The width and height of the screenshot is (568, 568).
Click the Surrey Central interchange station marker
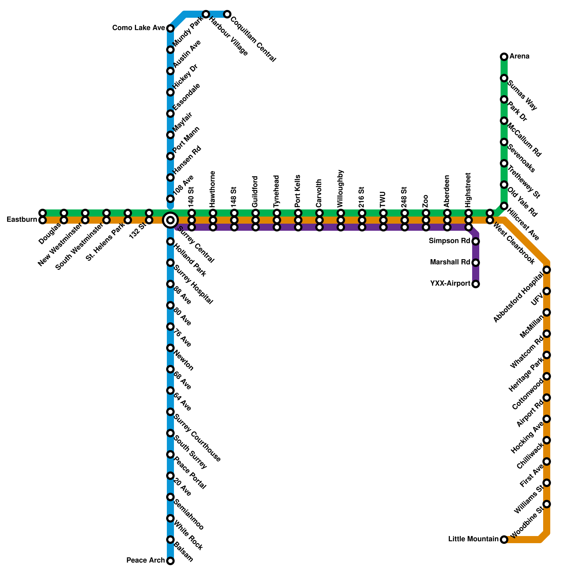(170, 220)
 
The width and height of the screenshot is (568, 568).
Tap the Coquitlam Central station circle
(227, 14)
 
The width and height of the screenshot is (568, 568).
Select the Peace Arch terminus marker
(170, 561)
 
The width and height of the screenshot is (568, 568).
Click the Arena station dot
(504, 57)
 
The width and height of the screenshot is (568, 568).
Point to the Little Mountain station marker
(504, 540)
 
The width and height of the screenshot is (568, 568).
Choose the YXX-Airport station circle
(476, 284)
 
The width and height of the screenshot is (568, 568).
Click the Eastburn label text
(22, 220)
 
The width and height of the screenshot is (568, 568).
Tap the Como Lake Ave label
(138, 28)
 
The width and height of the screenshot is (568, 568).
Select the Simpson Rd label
(449, 241)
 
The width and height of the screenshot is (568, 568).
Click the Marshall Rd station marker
(476, 263)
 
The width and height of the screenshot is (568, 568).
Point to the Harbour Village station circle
(206, 14)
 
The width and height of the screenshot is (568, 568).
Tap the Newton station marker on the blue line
(170, 348)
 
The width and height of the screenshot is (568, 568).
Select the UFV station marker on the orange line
(547, 291)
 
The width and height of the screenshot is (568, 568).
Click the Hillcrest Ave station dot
(504, 206)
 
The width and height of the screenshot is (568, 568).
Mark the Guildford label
(255, 192)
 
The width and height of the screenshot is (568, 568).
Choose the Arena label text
(519, 56)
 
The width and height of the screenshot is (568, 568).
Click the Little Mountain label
(473, 539)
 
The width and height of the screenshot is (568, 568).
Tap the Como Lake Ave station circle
(170, 28)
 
